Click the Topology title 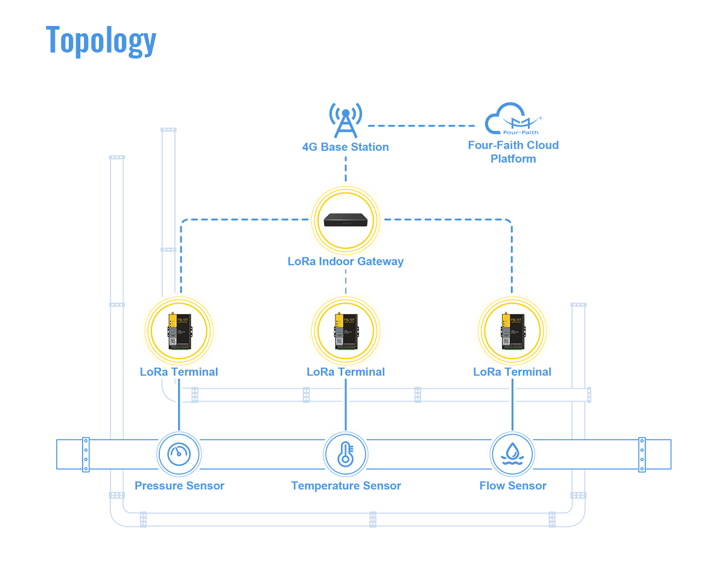(x=101, y=40)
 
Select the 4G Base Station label (x=346, y=147)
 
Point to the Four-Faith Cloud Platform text (x=513, y=152)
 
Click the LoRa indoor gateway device (x=346, y=220)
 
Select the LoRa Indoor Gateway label (x=346, y=261)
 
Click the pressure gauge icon (x=179, y=453)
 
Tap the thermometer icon (x=346, y=453)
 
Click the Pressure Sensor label (x=179, y=485)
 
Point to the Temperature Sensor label (x=346, y=485)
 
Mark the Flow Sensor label (x=513, y=485)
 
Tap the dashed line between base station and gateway (x=346, y=169)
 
